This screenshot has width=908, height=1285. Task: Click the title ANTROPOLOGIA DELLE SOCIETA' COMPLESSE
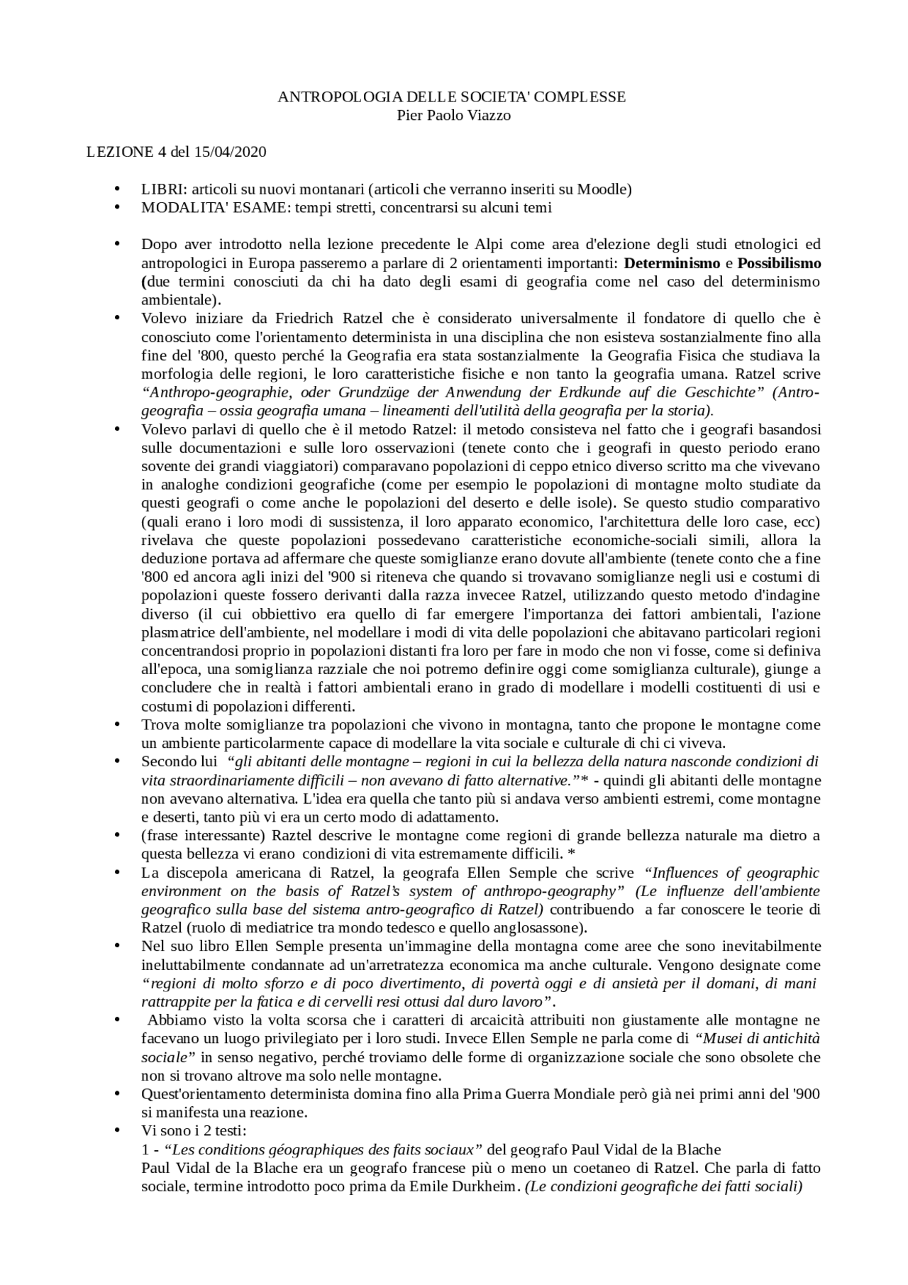click(452, 96)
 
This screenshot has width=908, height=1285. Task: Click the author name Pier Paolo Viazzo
click(453, 115)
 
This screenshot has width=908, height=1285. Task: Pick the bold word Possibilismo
click(779, 263)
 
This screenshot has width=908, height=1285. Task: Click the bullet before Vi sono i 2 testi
click(117, 1130)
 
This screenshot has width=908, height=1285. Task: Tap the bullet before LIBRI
click(117, 189)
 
